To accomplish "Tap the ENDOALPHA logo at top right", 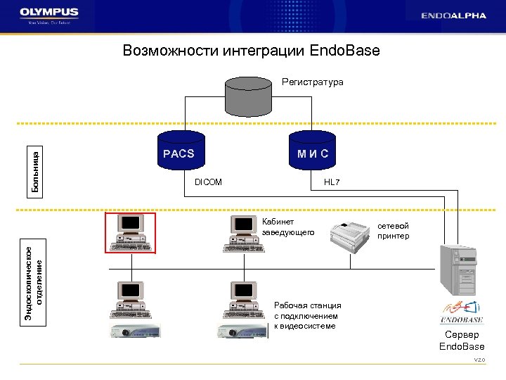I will coord(453,15).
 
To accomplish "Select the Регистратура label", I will coord(313,82).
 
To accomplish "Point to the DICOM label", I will coord(207,182).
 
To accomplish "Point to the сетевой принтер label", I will coord(394,231).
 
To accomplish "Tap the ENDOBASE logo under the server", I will coord(460,310).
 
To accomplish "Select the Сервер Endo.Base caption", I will coord(461,341).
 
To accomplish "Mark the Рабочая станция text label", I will coord(307,315).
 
